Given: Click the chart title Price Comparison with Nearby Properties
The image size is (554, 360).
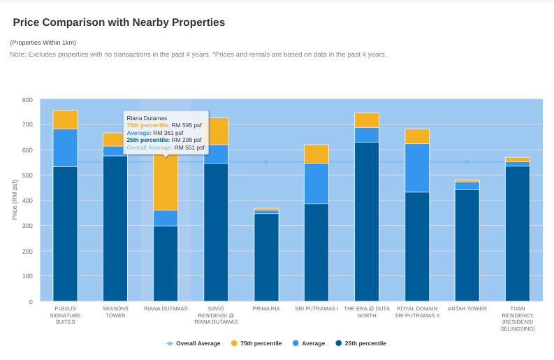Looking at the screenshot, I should coord(119,22).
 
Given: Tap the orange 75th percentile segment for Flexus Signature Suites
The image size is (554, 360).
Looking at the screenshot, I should coord(65,120).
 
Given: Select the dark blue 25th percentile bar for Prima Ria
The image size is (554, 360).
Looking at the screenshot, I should coord(266,257).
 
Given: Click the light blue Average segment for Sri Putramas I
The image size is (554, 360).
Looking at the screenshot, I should coord(316,183).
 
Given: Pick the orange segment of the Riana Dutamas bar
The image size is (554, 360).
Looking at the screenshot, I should coord(166,182).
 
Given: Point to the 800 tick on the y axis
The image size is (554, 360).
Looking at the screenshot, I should coord(27,100).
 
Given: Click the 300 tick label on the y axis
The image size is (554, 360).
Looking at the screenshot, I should coord(27,226).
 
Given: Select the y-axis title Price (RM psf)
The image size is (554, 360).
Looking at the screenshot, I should coord(15,200).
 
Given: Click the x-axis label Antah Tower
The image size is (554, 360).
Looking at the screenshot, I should coord(467,308).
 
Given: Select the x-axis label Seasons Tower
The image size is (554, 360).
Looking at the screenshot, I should coord(115,312).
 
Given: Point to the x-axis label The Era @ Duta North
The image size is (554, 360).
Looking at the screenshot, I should coord(367,312).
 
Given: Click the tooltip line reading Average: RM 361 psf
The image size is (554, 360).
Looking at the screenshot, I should coord(155,133).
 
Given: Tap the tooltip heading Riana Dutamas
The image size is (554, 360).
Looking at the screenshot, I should coord(147,118).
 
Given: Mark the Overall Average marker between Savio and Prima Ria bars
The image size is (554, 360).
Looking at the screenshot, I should coord(266,162).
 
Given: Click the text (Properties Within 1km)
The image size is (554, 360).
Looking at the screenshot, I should coord(43,43).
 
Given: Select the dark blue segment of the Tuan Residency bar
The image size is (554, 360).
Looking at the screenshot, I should coord(518,233).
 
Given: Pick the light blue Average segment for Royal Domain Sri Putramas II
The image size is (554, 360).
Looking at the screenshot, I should coord(417,168).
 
